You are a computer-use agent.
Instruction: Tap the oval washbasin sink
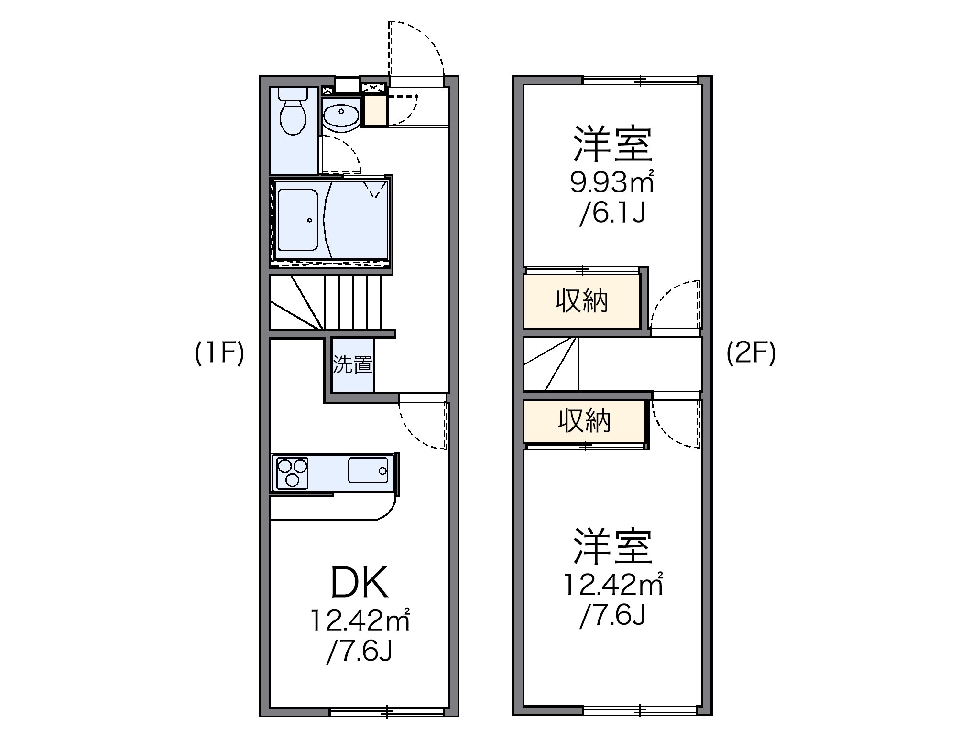coord(340,115)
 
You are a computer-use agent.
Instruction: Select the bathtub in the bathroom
coord(297,220)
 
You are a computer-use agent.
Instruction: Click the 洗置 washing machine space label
coord(353,365)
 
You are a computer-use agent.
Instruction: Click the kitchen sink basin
coord(368,470)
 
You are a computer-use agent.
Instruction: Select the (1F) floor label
coord(219,353)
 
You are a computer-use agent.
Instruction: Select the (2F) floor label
coord(751,353)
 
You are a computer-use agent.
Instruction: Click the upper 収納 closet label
coord(581,301)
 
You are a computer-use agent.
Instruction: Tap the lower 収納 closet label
coord(584,421)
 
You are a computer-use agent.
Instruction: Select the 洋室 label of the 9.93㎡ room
coord(612,144)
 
